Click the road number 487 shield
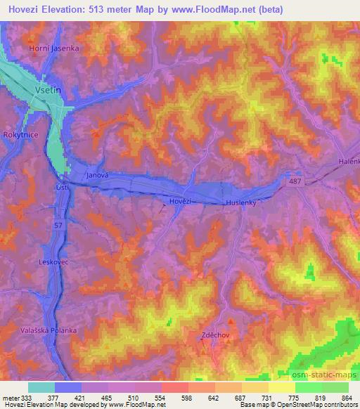tap(294, 182)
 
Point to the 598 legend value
tap(186, 398)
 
